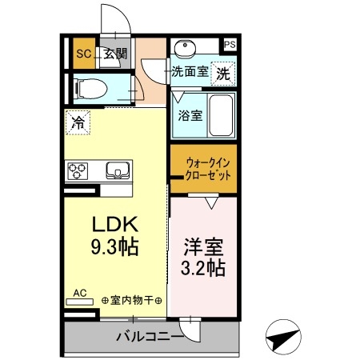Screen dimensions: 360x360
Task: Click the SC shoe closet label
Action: point(82,54)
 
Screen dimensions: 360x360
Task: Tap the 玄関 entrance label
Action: point(114,54)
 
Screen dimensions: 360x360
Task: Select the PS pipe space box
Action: point(230,45)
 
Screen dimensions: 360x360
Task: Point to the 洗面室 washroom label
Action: point(190,71)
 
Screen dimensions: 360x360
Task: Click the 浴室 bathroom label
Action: point(190,115)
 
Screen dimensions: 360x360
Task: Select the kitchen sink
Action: point(116,170)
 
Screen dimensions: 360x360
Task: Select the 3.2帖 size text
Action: point(203,268)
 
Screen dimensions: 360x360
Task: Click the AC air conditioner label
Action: point(80,294)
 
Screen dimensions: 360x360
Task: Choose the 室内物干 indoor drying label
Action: point(133,301)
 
